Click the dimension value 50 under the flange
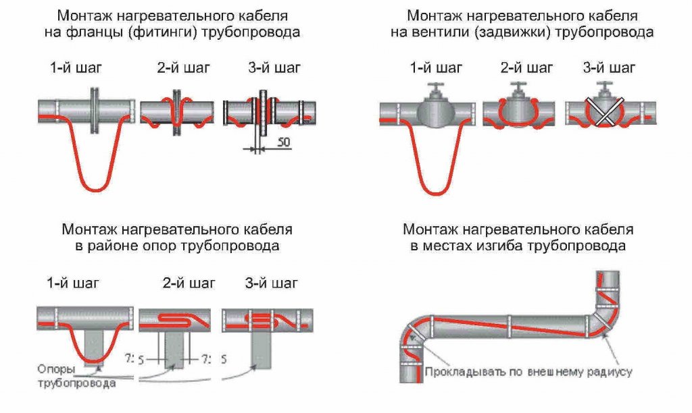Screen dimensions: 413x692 tap(285, 144)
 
